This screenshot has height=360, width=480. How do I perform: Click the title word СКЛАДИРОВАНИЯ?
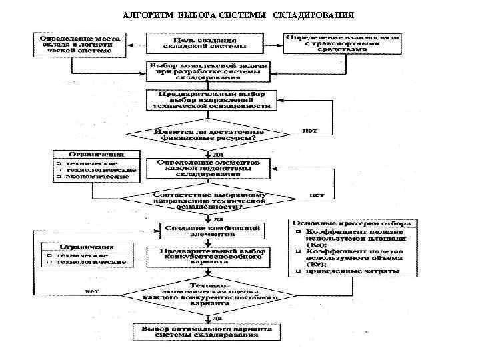pyautogui.click(x=313, y=15)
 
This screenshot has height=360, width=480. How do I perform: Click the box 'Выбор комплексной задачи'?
pyautogui.click(x=209, y=71)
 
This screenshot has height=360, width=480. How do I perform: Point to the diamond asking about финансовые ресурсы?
pyautogui.click(x=211, y=134)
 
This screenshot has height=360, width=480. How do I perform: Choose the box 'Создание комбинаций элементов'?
pyautogui.click(x=211, y=231)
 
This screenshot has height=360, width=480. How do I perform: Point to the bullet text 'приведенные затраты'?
pyautogui.click(x=353, y=271)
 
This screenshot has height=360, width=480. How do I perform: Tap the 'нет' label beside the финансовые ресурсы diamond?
pyautogui.click(x=309, y=131)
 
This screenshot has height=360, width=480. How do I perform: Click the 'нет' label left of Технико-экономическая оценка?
pyautogui.click(x=93, y=291)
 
